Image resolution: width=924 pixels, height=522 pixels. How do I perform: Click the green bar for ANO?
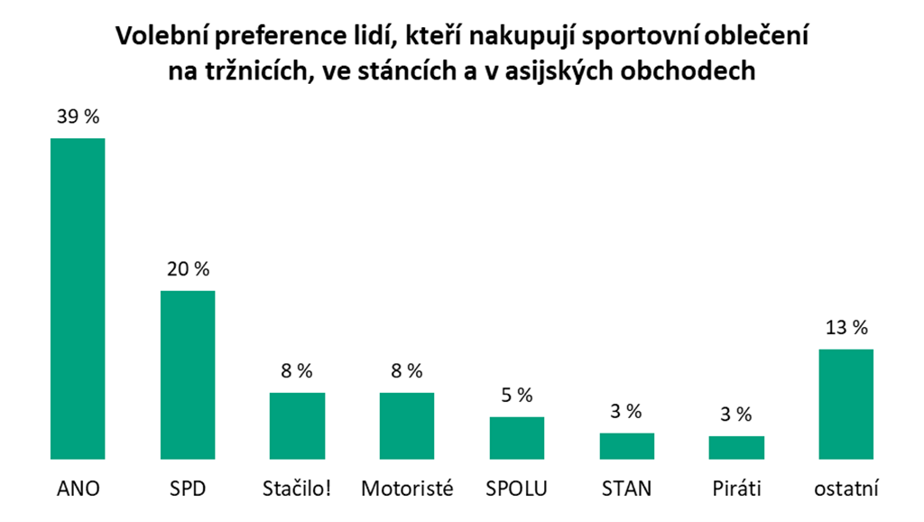[x=78, y=298]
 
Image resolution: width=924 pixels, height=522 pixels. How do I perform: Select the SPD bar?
[x=188, y=375]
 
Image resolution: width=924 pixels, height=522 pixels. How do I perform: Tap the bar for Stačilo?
[x=297, y=425]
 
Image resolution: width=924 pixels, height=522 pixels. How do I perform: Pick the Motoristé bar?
[x=407, y=425]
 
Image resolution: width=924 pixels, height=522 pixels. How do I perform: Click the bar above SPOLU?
[x=517, y=438]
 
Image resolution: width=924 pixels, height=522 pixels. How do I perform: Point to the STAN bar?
[x=626, y=446]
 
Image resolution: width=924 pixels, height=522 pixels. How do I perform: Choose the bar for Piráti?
[x=736, y=448]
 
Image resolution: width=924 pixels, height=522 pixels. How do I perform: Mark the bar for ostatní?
[x=845, y=404]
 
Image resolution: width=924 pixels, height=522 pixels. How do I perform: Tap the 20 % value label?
[x=188, y=270]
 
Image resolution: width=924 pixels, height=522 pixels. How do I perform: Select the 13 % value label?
[x=845, y=328]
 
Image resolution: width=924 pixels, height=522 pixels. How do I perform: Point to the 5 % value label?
[x=517, y=396]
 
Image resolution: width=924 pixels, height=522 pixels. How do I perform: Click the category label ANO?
[x=78, y=489]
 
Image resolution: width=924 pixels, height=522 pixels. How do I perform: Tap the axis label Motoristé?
[x=407, y=489]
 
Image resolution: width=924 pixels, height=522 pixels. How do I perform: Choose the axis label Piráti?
[x=736, y=489]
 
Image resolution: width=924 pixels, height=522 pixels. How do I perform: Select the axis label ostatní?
[x=845, y=489]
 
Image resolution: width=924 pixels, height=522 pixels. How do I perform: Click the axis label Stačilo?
[x=297, y=489]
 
